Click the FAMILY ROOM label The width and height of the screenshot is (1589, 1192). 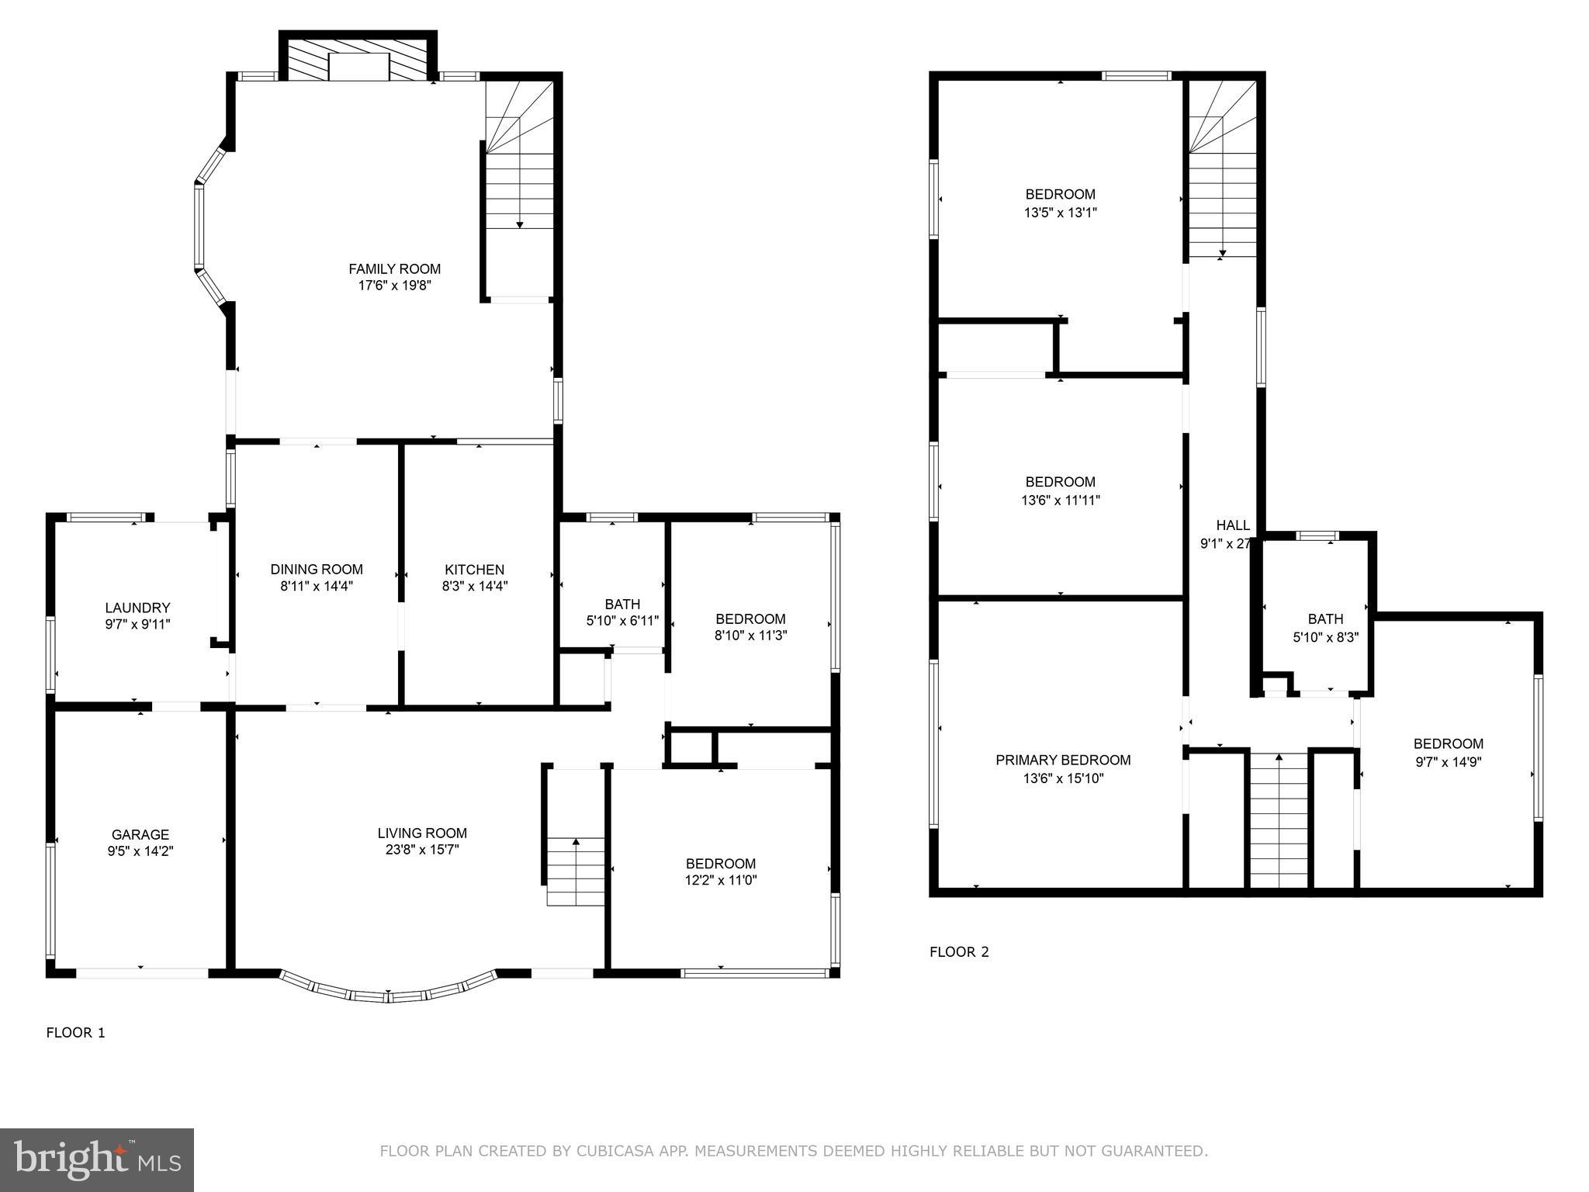click(x=394, y=269)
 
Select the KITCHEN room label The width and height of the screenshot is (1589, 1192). click(x=474, y=570)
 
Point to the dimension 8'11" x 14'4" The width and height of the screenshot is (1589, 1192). click(x=317, y=587)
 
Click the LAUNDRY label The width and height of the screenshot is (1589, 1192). click(x=137, y=608)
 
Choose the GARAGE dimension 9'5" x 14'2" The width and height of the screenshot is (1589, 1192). click(x=140, y=851)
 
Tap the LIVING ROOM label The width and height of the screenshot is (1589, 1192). click(x=422, y=833)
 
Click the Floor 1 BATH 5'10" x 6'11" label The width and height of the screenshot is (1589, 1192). click(x=622, y=605)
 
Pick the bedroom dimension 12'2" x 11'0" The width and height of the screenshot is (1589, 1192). click(x=720, y=880)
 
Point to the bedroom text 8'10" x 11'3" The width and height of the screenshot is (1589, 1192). click(x=750, y=636)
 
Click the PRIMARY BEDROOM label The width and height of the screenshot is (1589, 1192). click(x=1063, y=760)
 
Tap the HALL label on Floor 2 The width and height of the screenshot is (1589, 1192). click(x=1233, y=525)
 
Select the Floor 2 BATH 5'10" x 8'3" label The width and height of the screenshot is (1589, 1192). click(x=1325, y=619)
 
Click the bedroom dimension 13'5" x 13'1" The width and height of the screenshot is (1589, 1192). click(x=1060, y=211)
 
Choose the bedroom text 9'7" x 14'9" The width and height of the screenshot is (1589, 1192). click(x=1448, y=762)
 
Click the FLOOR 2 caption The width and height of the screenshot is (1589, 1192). click(x=959, y=951)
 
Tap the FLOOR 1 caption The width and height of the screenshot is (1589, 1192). click(x=75, y=1032)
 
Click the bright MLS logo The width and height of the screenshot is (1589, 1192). click(x=97, y=1159)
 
